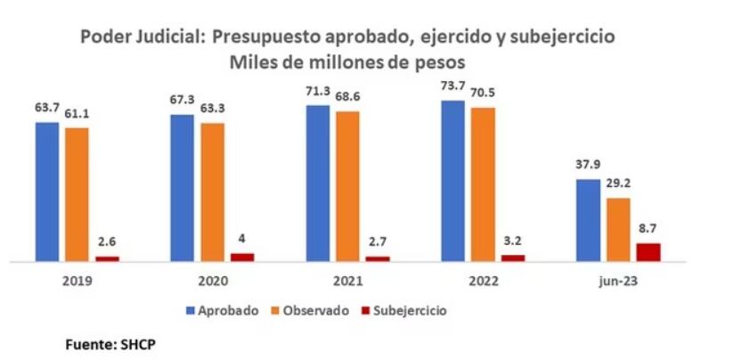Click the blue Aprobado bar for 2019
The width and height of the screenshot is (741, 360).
(47, 192)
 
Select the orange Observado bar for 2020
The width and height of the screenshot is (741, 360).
(213, 192)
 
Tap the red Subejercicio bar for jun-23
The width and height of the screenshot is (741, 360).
(648, 252)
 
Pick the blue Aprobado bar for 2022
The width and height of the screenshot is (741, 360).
(452, 182)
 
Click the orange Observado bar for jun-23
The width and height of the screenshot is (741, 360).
(618, 230)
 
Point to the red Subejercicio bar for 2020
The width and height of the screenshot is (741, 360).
(242, 258)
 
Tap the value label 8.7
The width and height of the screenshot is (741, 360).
(648, 228)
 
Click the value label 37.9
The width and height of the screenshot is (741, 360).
(588, 164)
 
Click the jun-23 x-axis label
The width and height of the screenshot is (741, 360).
(617, 280)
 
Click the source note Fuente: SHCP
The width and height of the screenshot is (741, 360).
(103, 342)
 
